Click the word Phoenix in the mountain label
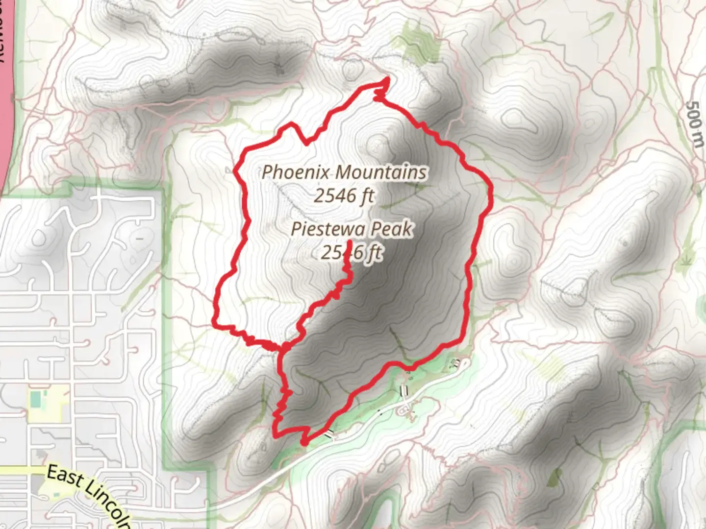coord(297,172)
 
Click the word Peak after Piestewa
coord(390,229)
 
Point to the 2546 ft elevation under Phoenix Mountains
coord(344,196)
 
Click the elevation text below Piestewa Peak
coord(352,253)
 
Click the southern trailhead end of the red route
coord(304,443)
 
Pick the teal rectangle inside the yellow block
coord(35,400)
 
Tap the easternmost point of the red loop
coord(491,196)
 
